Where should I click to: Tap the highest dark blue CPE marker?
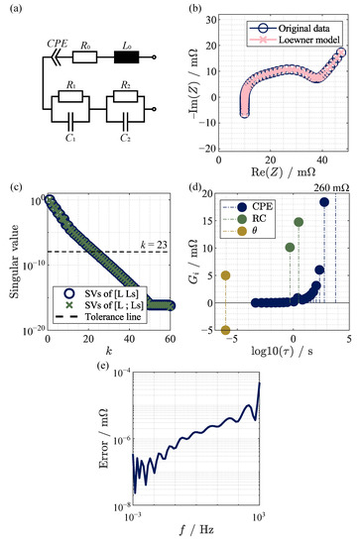coord(324,202)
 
